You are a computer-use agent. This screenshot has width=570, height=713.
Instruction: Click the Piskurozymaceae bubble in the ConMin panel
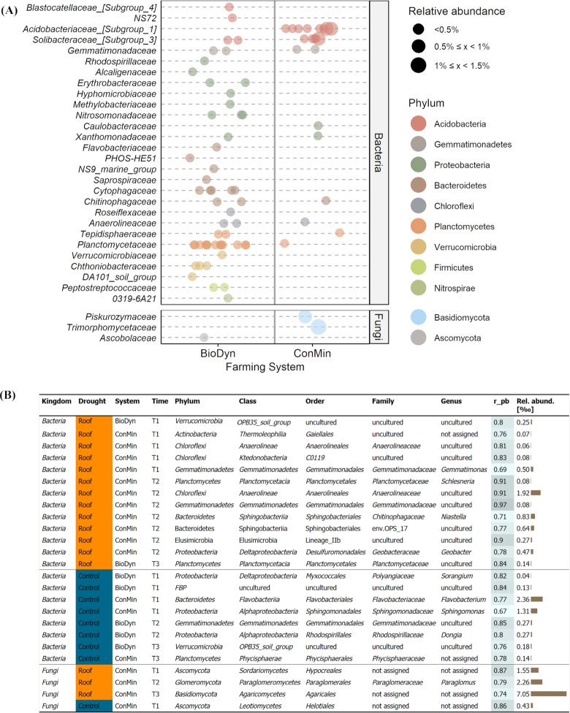305,316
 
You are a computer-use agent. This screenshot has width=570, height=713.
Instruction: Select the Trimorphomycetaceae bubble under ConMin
318,327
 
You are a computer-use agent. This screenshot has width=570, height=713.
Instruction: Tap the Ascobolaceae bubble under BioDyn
204,337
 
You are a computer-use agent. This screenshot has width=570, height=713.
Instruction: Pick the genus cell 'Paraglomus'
459,678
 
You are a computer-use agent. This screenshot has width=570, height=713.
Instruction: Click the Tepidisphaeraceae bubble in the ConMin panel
340,233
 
